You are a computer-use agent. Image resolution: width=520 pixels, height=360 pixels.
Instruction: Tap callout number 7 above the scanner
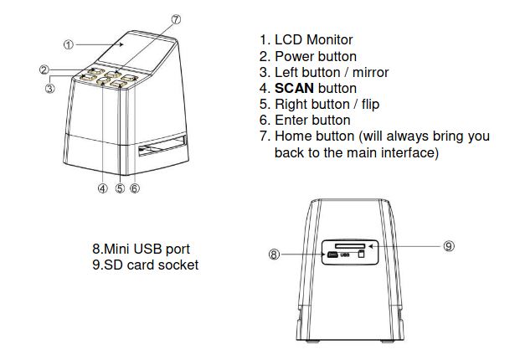pyautogui.click(x=175, y=19)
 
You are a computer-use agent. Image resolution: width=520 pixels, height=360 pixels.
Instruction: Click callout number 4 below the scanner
pyautogui.click(x=103, y=188)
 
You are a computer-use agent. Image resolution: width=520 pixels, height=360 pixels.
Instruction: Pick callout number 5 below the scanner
pyautogui.click(x=120, y=188)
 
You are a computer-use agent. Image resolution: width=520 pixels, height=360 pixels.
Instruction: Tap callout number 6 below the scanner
pyautogui.click(x=135, y=188)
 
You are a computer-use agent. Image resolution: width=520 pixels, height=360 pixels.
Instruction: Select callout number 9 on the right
pyautogui.click(x=449, y=246)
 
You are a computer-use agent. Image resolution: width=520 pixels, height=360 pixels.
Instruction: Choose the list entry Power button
pyautogui.click(x=315, y=56)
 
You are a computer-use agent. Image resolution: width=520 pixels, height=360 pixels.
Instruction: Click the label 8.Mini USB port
pyautogui.click(x=141, y=249)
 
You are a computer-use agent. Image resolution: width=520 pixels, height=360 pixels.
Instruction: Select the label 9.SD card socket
pyautogui.click(x=145, y=265)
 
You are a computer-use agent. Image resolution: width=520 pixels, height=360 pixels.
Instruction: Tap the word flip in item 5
pyautogui.click(x=366, y=105)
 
